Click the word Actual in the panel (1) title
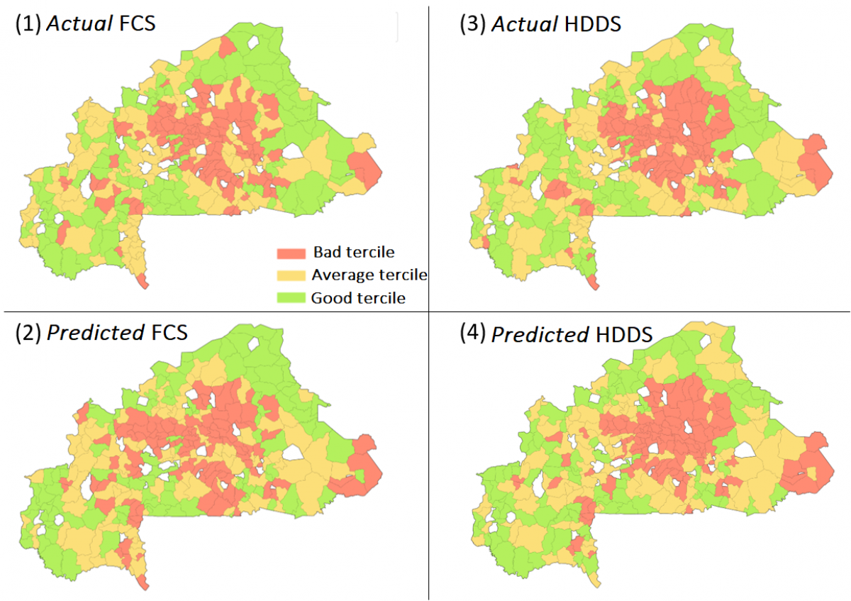(x=78, y=24)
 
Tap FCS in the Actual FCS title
(x=138, y=24)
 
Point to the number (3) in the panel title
(x=472, y=25)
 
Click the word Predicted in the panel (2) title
(x=95, y=332)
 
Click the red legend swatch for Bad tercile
(x=291, y=253)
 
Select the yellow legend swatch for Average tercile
(x=291, y=275)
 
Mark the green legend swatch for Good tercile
(x=291, y=297)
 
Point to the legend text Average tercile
(x=369, y=275)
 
